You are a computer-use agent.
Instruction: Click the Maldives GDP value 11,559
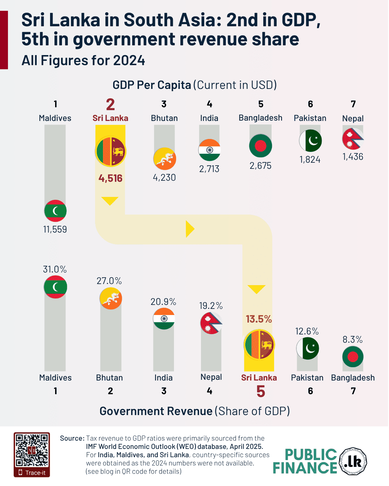coord(55,229)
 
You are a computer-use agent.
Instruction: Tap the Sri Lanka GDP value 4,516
coord(111,178)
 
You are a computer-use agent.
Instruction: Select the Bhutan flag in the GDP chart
coord(165,158)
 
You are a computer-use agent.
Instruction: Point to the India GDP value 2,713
coord(209,169)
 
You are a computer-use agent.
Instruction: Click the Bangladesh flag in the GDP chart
coord(260,146)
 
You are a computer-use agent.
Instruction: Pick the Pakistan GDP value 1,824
coord(310,159)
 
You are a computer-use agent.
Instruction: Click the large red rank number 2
coord(111,104)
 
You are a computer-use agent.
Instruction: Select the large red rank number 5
coord(261,391)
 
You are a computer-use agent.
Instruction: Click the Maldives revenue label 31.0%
coord(55,269)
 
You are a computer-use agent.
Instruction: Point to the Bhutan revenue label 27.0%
coord(109,281)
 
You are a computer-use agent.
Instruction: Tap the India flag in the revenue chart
coord(164,319)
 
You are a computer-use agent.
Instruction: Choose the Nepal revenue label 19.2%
coord(211,306)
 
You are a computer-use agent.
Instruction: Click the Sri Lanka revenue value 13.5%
coord(259,319)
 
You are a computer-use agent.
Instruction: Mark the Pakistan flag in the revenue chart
coord(308,348)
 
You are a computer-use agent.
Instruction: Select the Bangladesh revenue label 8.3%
coord(353,339)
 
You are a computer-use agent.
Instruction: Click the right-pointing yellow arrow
coord(190,229)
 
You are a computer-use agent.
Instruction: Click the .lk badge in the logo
coord(353,461)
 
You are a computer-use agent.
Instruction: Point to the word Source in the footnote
coord(72,438)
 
